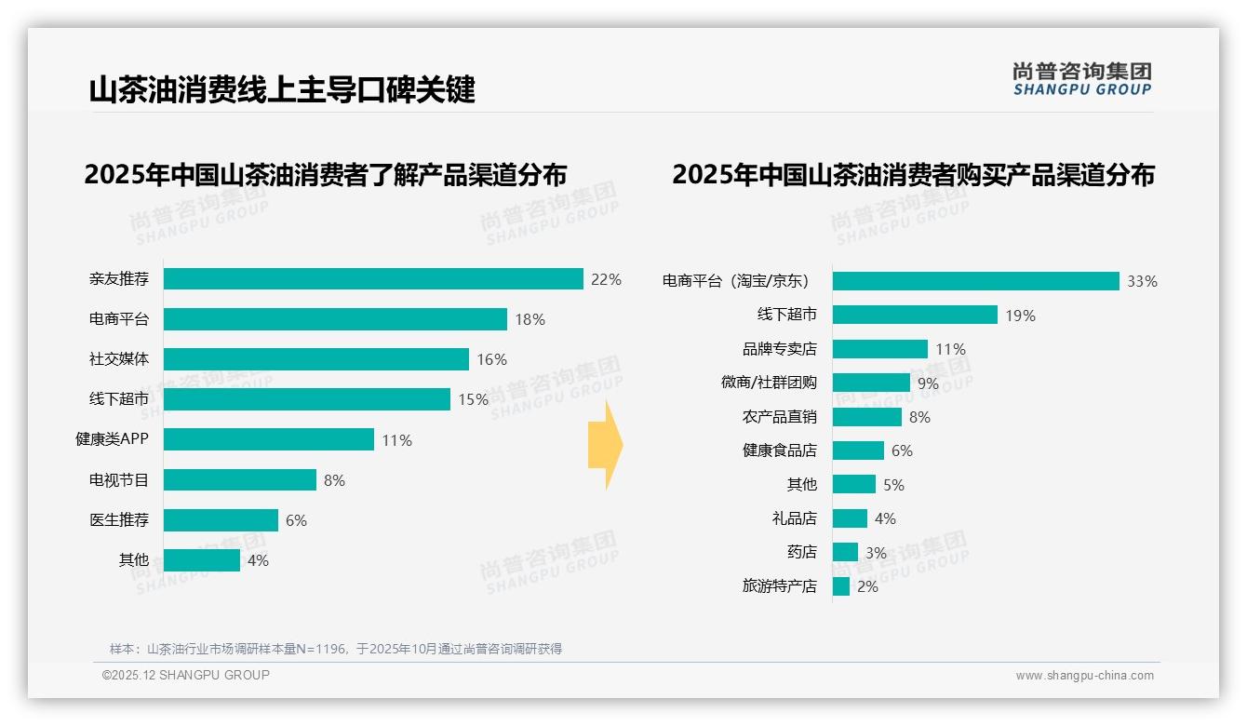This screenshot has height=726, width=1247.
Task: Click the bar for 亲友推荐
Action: pyautogui.click(x=373, y=278)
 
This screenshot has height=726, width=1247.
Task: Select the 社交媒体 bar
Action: pyautogui.click(x=316, y=359)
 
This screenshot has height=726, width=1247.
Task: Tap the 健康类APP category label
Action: pyautogui.click(x=112, y=439)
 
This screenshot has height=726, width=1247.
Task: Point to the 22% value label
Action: pyautogui.click(x=606, y=279)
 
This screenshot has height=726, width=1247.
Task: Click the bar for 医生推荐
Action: pyautogui.click(x=221, y=520)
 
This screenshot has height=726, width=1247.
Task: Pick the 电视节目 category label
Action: pyautogui.click(x=118, y=480)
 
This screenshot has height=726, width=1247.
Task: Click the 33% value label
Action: pyautogui.click(x=1142, y=281)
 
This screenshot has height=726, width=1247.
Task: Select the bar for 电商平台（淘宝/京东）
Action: pyautogui.click(x=975, y=281)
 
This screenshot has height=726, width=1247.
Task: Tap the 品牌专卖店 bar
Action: pyautogui.click(x=879, y=349)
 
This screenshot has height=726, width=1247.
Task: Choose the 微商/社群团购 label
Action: pyautogui.click(x=769, y=383)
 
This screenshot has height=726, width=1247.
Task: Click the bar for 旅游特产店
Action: pyautogui.click(x=841, y=586)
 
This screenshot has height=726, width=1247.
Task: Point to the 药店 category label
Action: pyautogui.click(x=801, y=552)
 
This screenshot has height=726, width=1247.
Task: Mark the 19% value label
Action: pyautogui.click(x=1020, y=316)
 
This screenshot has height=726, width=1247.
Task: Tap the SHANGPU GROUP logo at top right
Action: pyautogui.click(x=1081, y=79)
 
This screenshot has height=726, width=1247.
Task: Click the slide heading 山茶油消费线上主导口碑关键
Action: pyautogui.click(x=282, y=90)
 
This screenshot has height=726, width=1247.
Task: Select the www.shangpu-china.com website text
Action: pyautogui.click(x=1084, y=676)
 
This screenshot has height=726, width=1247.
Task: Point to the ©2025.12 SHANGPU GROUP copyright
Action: pyautogui.click(x=186, y=675)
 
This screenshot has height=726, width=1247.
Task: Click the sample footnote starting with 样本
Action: pyautogui.click(x=336, y=649)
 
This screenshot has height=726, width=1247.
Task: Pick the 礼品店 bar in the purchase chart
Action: pyautogui.click(x=850, y=518)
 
